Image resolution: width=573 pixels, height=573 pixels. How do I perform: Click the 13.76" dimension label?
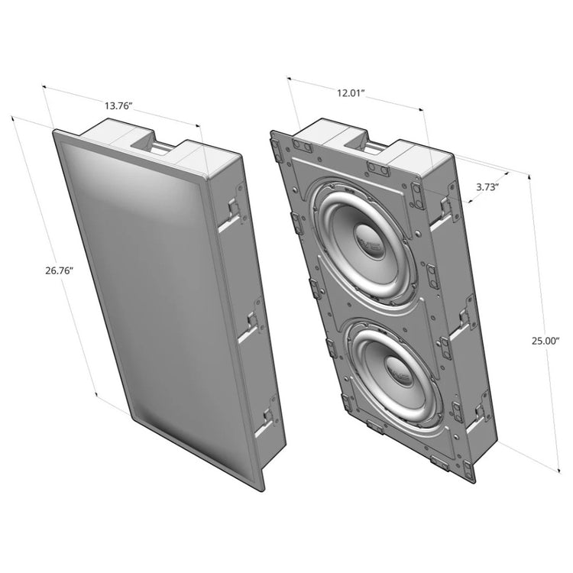coord(118,106)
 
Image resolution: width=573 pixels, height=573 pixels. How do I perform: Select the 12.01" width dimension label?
coord(351,92)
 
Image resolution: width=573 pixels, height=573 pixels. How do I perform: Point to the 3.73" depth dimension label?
coord(487,187)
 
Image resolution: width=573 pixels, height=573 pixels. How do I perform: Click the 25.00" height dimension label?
coord(545,341)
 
